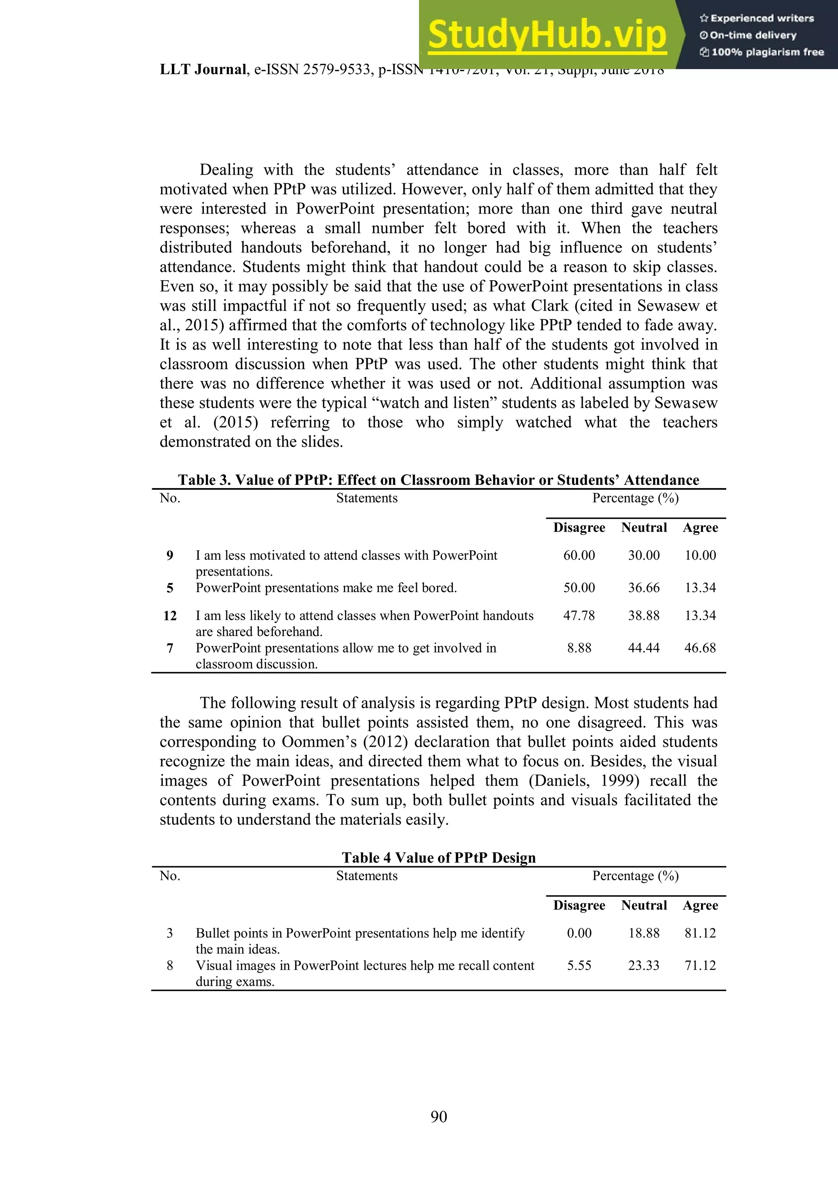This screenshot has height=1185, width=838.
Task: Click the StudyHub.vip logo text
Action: coord(547,34)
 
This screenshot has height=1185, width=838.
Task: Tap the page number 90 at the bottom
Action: coord(439,1116)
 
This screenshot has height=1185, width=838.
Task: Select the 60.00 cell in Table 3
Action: coord(579,555)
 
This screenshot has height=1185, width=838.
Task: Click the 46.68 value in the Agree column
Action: coord(700,648)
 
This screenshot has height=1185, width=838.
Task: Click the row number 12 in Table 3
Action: coord(170,616)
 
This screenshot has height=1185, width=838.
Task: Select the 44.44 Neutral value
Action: coord(644,648)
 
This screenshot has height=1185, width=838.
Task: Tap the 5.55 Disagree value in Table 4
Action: coord(579,966)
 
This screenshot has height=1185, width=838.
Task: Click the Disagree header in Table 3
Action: coord(579,527)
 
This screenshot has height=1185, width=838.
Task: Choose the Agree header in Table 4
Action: coord(700,905)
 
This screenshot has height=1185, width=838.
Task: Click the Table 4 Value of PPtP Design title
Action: coord(439,858)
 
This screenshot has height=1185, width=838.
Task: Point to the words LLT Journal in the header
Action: coord(203,70)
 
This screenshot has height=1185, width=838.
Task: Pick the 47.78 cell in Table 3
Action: coord(579,616)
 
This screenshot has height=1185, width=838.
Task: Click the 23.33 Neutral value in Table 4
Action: coord(644,966)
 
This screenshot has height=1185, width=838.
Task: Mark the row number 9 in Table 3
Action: coord(170,555)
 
